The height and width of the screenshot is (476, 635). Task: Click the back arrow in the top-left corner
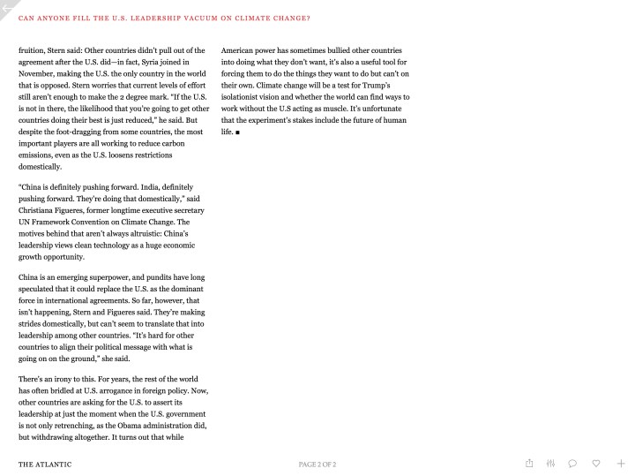pos(8,8)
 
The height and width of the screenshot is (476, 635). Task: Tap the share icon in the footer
pos(529,463)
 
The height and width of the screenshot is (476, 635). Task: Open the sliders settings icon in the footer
pos(551,463)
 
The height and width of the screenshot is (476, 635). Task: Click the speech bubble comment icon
pos(573,463)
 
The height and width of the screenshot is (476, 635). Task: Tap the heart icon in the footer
pos(596,463)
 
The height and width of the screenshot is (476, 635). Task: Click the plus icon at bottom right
pos(621,463)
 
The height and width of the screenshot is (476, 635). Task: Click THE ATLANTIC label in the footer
pos(45,464)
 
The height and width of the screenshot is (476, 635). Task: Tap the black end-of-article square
pos(238,132)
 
